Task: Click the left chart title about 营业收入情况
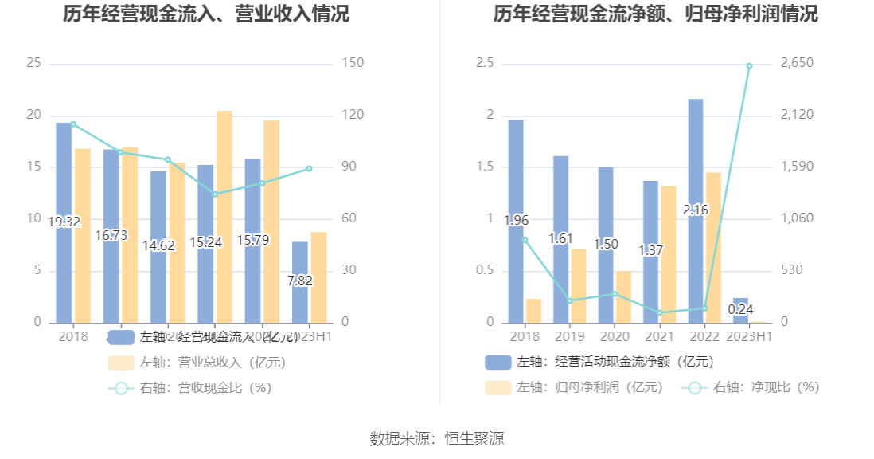tap(205, 14)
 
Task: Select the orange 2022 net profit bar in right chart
tap(713, 247)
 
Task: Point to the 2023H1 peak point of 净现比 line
tap(749, 65)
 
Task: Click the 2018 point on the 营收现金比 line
tap(73, 124)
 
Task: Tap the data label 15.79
tap(252, 239)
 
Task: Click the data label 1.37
tap(651, 250)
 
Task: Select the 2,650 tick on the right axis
tap(799, 63)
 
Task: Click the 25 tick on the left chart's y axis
tap(33, 63)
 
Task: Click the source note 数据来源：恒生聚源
tap(437, 438)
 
